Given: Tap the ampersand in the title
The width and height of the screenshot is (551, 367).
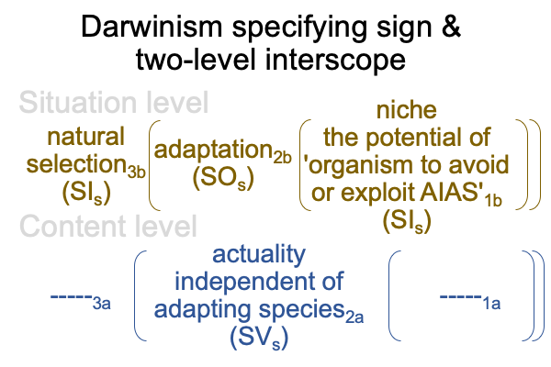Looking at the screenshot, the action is pyautogui.click(x=451, y=27).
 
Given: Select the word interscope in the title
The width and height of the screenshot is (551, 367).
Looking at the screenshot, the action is pyautogui.click(x=335, y=60).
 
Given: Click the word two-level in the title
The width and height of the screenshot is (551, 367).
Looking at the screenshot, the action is pyautogui.click(x=196, y=60).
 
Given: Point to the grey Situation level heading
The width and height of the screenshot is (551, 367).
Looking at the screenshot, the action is pyautogui.click(x=114, y=102).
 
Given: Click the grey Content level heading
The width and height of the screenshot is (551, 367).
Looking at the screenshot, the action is pyautogui.click(x=108, y=227).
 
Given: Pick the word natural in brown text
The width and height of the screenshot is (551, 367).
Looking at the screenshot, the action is pyautogui.click(x=85, y=137).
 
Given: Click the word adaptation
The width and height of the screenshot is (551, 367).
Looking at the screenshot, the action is pyautogui.click(x=214, y=150).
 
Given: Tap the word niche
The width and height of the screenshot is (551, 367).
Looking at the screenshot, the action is pyautogui.click(x=407, y=110).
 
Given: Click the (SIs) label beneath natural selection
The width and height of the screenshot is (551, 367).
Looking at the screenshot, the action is pyautogui.click(x=86, y=193).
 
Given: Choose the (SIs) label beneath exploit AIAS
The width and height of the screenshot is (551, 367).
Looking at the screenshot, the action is pyautogui.click(x=407, y=221).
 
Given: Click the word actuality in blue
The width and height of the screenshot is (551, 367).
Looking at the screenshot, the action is pyautogui.click(x=259, y=254).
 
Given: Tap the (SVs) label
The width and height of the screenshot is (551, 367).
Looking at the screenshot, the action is pyautogui.click(x=259, y=338).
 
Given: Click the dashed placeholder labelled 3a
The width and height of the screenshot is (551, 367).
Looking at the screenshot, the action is pyautogui.click(x=81, y=301).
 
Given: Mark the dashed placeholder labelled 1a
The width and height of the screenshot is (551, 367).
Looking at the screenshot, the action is pyautogui.click(x=470, y=301).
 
